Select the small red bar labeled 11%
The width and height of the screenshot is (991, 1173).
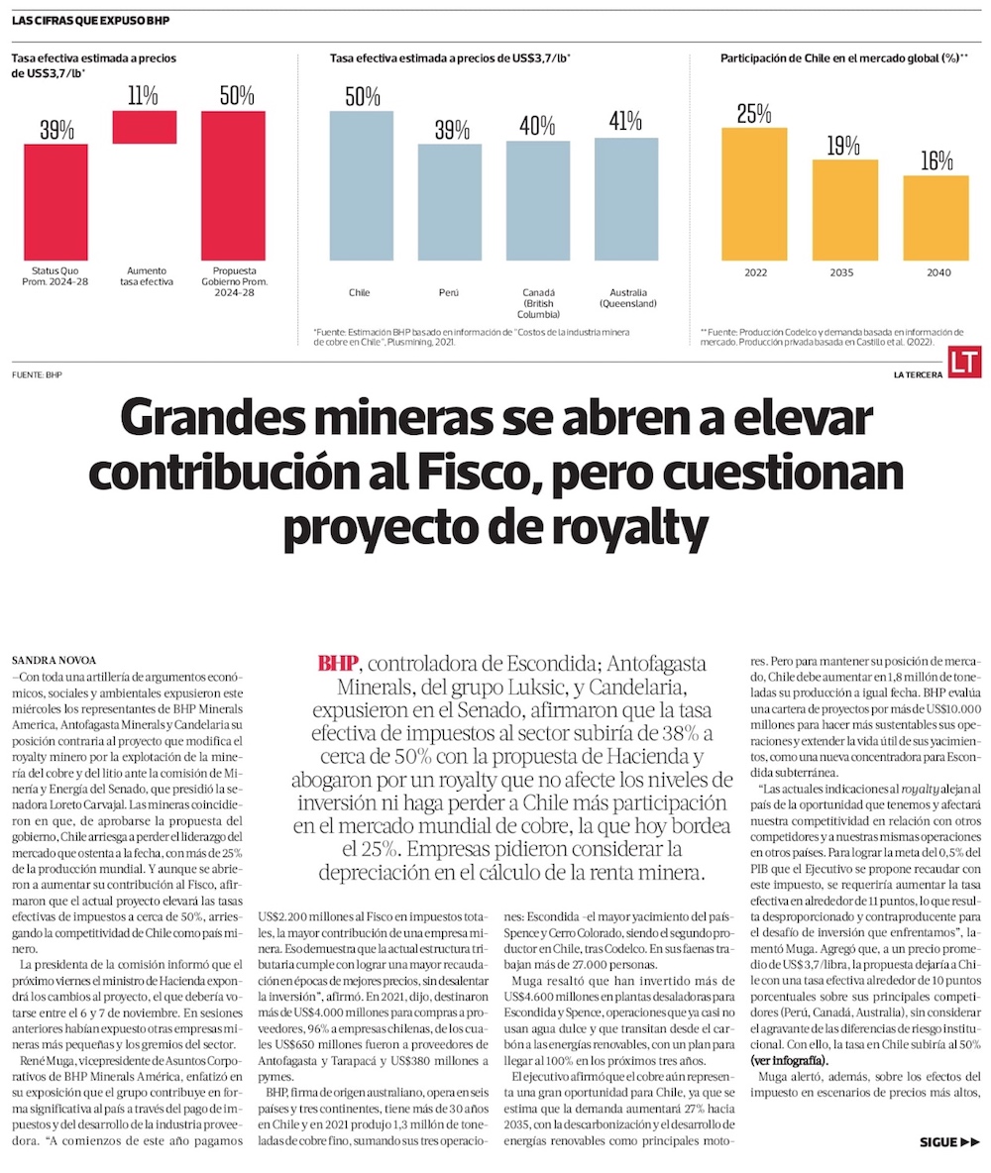(x=144, y=128)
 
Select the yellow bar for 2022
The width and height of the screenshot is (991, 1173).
(x=754, y=194)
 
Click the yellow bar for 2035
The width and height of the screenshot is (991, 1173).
(x=844, y=210)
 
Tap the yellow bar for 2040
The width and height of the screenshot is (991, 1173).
(x=936, y=218)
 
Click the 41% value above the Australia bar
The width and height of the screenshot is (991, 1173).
(x=626, y=122)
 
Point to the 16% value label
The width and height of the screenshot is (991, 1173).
(x=936, y=160)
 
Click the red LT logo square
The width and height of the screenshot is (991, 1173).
(x=964, y=364)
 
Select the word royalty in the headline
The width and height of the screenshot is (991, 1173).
(x=639, y=530)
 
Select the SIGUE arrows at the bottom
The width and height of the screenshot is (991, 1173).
(x=949, y=1142)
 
